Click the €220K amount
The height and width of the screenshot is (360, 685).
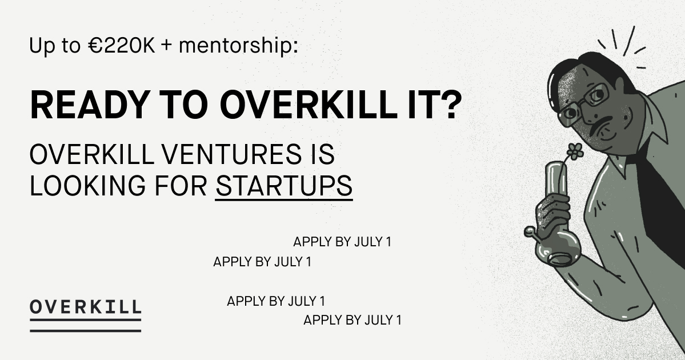tap(122, 46)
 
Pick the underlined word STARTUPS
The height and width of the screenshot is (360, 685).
tap(284, 186)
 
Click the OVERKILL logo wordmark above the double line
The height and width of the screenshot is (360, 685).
tap(85, 306)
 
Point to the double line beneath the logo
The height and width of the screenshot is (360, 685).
tap(85, 325)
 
